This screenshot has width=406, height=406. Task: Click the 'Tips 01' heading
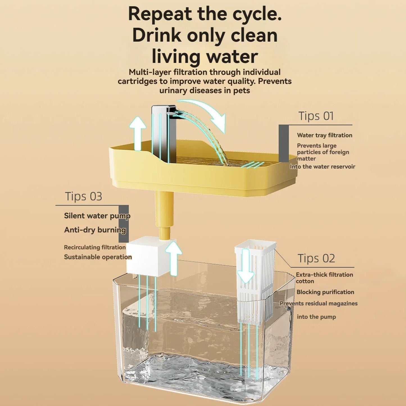(316, 116)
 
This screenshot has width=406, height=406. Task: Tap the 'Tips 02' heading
(316, 258)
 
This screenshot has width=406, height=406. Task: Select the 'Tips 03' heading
(83, 197)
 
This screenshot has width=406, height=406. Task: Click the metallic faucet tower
(160, 132)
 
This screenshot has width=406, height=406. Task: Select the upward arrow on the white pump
(173, 257)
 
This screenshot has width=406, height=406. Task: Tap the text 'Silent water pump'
(97, 216)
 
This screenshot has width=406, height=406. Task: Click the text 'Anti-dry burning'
(95, 230)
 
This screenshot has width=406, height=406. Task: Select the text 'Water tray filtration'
(325, 135)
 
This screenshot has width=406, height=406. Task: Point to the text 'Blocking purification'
(325, 292)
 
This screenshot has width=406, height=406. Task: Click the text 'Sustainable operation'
(98, 257)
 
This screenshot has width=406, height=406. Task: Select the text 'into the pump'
(316, 317)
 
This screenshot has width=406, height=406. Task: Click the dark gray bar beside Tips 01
(283, 143)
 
